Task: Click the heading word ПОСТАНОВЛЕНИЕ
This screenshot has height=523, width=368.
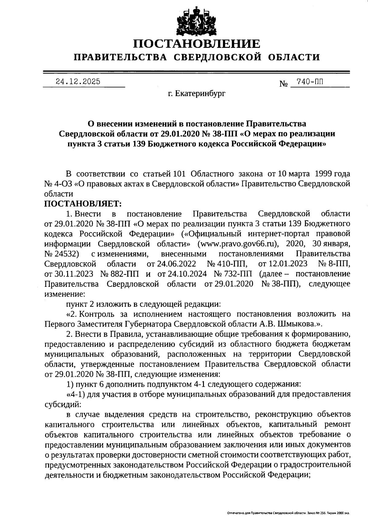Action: tap(196, 44)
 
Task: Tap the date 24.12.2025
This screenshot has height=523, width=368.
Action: tap(78, 82)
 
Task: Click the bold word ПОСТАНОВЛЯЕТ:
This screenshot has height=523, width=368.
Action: tap(83, 203)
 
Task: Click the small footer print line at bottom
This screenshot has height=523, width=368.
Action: tap(288, 513)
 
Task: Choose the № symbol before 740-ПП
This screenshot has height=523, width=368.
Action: tap(283, 84)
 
